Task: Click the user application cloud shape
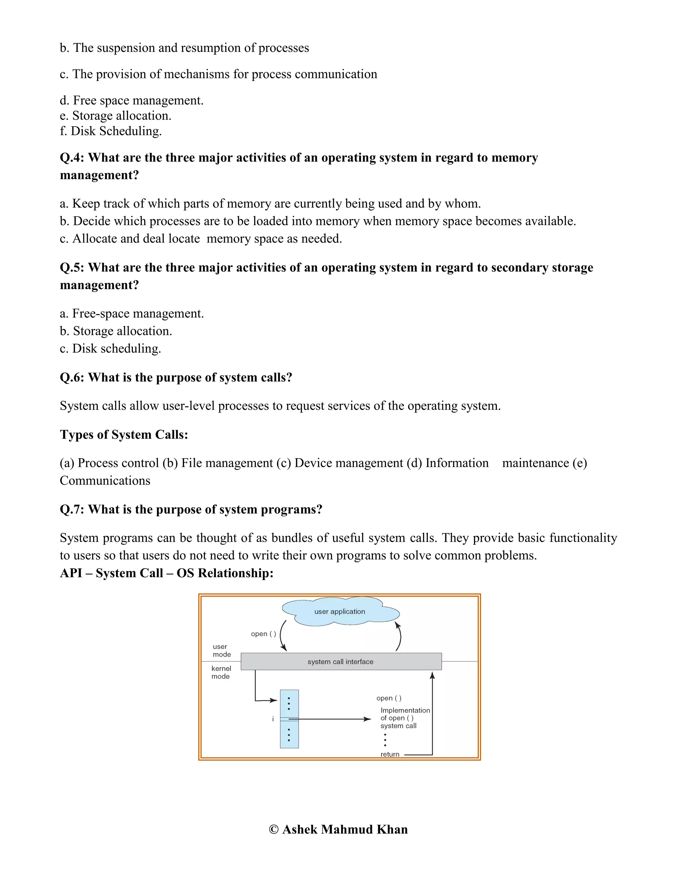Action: pos(340,611)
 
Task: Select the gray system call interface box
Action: pos(341,662)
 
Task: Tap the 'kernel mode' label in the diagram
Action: pos(221,672)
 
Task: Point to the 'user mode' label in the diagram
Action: pos(221,650)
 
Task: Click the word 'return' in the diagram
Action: pos(390,754)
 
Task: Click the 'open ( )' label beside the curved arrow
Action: pos(263,634)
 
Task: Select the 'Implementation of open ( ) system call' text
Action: pos(404,718)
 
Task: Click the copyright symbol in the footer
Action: pos(273,829)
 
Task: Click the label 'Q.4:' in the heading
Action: pos(72,158)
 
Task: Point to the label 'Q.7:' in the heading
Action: pos(72,509)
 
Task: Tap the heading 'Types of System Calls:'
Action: pos(124,434)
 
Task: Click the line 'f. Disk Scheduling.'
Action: pos(111,131)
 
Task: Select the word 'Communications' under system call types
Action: pos(105,481)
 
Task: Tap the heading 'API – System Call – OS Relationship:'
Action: pos(167,573)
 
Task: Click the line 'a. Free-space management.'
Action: pos(132,313)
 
